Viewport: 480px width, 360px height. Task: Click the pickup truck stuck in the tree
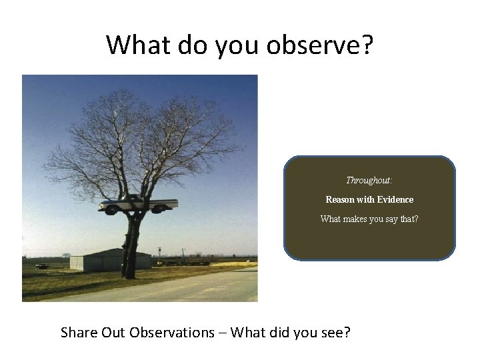click(x=138, y=203)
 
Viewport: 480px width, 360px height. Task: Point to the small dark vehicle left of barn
click(x=42, y=266)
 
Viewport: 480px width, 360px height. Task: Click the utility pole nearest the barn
click(x=160, y=255)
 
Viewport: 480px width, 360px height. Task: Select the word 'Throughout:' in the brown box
click(x=369, y=180)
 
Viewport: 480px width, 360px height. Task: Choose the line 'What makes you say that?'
click(x=369, y=219)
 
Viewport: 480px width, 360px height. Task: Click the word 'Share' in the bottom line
click(x=79, y=332)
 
